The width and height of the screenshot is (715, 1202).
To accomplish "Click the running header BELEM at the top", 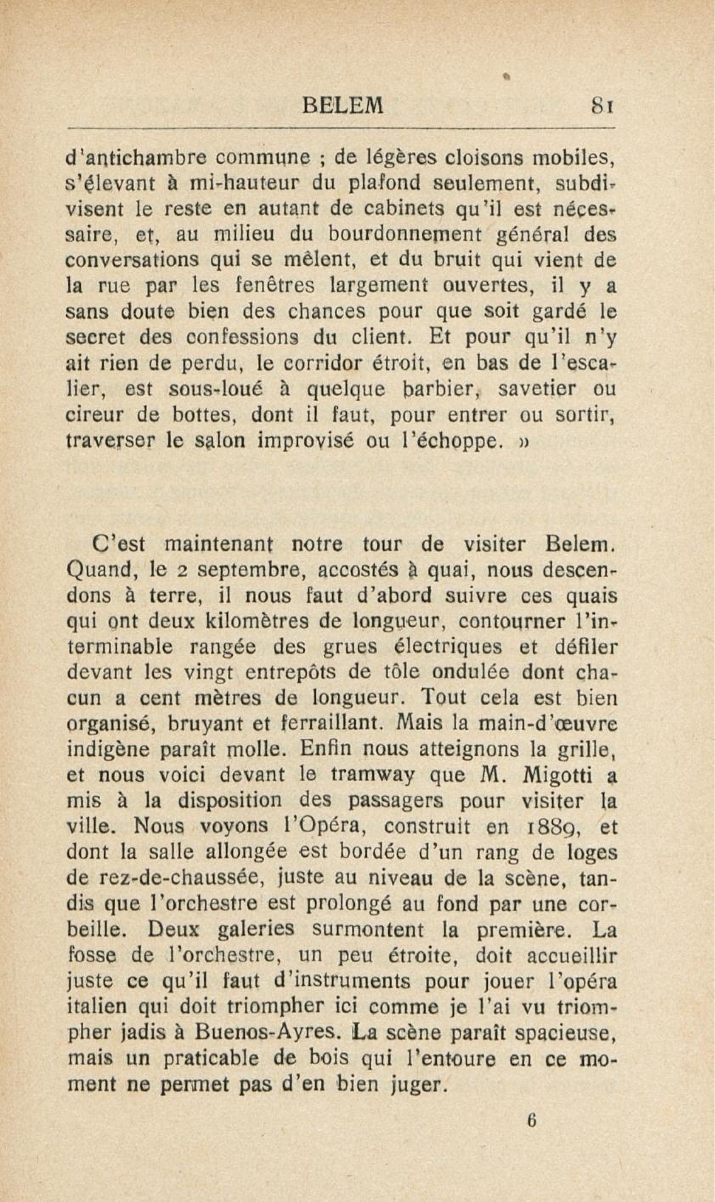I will pos(342,105).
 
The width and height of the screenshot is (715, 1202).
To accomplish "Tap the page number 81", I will pos(603,105).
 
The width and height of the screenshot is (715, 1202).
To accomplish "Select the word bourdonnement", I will pos(405,235).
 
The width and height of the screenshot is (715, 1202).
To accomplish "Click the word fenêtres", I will pos(275,286).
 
